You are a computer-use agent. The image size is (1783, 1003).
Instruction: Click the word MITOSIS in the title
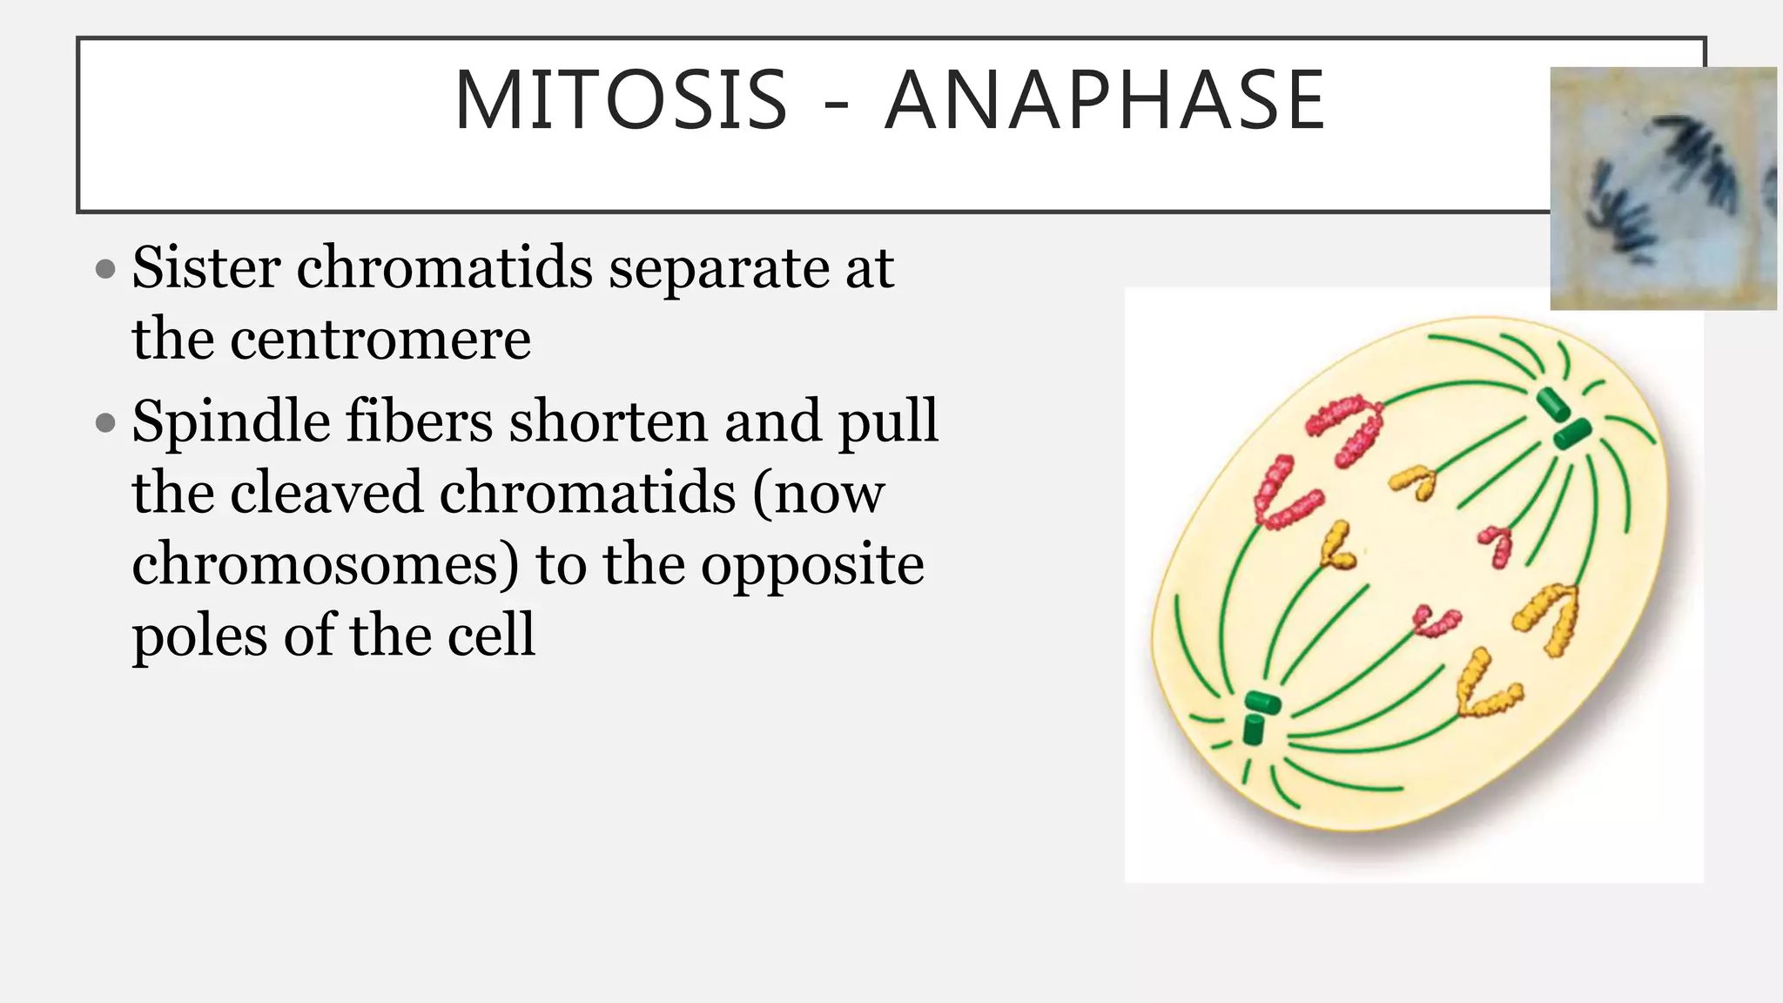pos(621,101)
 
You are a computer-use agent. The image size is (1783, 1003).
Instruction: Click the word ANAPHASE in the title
pos(1105,101)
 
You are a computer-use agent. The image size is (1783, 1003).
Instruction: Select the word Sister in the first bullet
pos(206,267)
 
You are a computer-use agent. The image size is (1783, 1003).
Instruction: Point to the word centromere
pos(380,340)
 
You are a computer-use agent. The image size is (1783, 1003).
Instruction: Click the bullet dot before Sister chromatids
pos(105,269)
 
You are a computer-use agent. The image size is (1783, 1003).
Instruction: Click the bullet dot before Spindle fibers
pos(105,424)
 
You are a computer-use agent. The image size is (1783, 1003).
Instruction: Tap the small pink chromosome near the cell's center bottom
pos(1435,622)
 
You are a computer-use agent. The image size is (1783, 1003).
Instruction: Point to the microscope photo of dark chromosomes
pos(1662,188)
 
